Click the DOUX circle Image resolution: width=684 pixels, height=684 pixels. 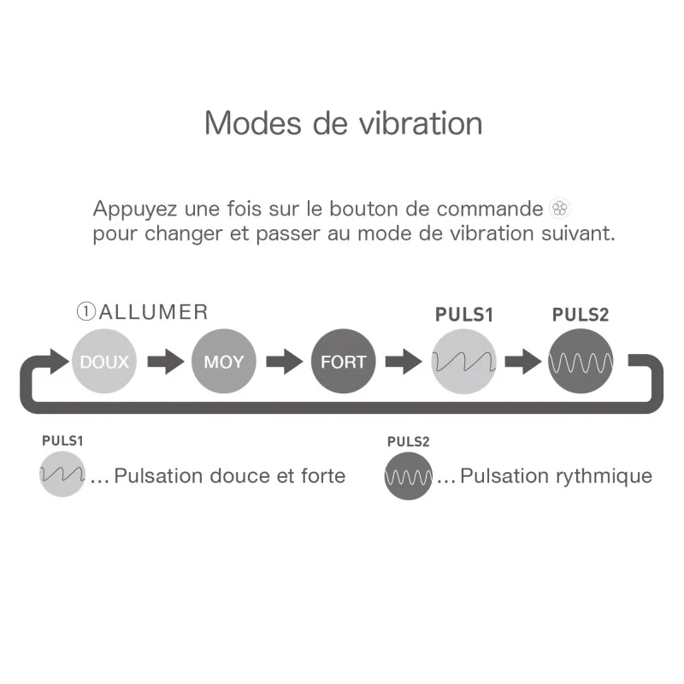104,361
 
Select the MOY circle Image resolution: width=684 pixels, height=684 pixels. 224,361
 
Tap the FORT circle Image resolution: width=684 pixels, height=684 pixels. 344,361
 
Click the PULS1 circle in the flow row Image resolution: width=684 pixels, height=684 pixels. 463,361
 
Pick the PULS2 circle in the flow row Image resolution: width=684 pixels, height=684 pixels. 581,361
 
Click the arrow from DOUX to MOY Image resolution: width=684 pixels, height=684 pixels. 166,361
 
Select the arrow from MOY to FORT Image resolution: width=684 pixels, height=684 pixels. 285,361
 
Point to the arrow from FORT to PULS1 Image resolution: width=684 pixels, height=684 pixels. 404,361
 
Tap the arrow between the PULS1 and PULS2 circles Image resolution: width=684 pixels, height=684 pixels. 523,361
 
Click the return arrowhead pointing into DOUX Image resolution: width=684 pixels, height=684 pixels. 59,361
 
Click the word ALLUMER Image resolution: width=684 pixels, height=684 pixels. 154,312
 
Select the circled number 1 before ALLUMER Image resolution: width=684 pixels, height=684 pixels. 86,312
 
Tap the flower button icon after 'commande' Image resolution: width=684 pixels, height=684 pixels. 560,208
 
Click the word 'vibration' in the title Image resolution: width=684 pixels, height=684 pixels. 421,123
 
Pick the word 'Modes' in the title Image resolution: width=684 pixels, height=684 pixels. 253,123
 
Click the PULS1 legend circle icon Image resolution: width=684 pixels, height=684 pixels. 62,475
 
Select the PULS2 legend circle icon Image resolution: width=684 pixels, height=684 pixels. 409,476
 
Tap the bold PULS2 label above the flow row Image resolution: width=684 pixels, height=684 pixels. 581,315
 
